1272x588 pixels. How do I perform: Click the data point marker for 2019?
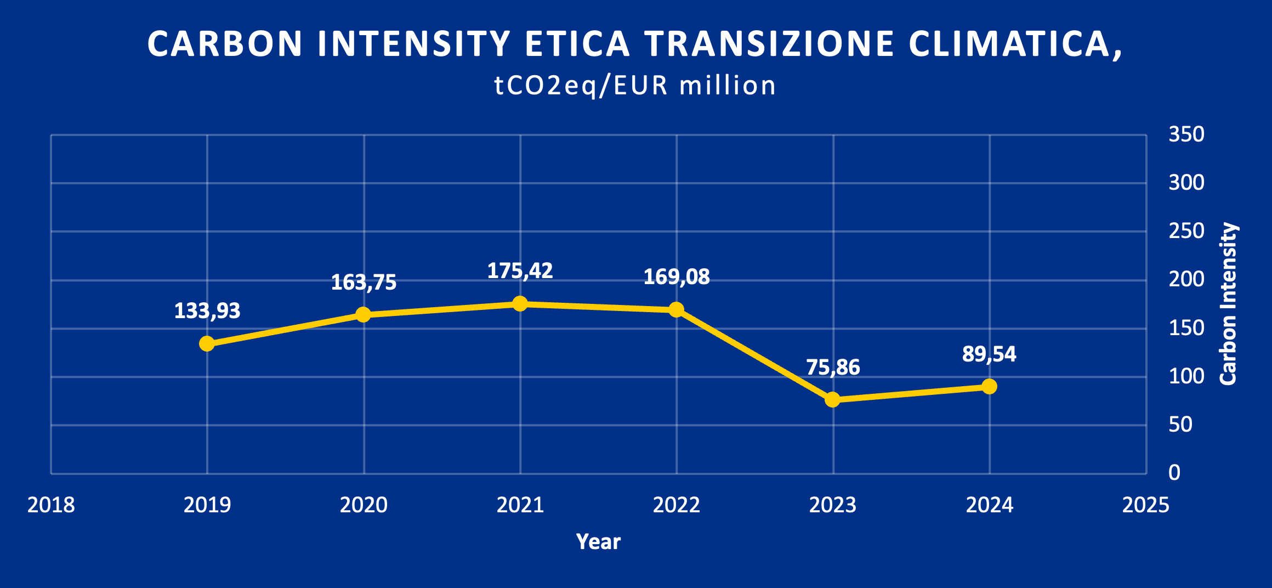pyautogui.click(x=207, y=344)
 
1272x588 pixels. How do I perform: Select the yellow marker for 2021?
pyautogui.click(x=520, y=303)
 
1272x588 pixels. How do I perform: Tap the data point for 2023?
pyautogui.click(x=832, y=399)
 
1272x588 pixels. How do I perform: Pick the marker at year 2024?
pyautogui.click(x=989, y=387)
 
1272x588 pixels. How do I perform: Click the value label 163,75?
pyautogui.click(x=364, y=282)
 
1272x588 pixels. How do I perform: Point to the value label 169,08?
pyautogui.click(x=677, y=277)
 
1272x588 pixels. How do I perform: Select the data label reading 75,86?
pyautogui.click(x=833, y=367)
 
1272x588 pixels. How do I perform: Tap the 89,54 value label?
pyautogui.click(x=989, y=354)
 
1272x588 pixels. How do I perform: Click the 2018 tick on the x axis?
pyautogui.click(x=51, y=505)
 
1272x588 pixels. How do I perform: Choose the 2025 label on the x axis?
pyautogui.click(x=1145, y=505)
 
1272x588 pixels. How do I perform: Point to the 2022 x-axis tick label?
pyautogui.click(x=677, y=505)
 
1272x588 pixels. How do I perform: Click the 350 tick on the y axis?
pyautogui.click(x=1186, y=134)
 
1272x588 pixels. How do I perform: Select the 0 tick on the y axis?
pyautogui.click(x=1174, y=473)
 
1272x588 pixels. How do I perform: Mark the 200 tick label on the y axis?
pyautogui.click(x=1186, y=280)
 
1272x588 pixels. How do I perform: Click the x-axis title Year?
pyautogui.click(x=598, y=542)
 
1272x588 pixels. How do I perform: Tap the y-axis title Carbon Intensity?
pyautogui.click(x=1228, y=304)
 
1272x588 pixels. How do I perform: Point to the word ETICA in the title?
pyautogui.click(x=577, y=44)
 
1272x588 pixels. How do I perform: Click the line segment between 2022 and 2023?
pyautogui.click(x=754, y=355)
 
